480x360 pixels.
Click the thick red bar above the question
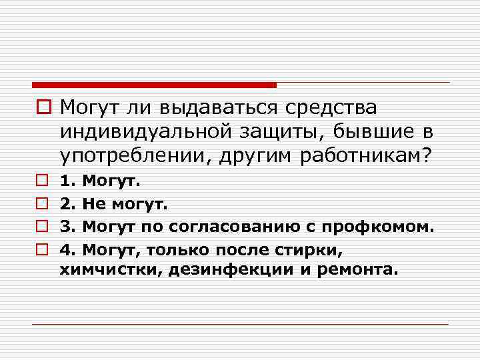[x=154, y=85]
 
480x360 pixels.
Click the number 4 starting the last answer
[x=65, y=249]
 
